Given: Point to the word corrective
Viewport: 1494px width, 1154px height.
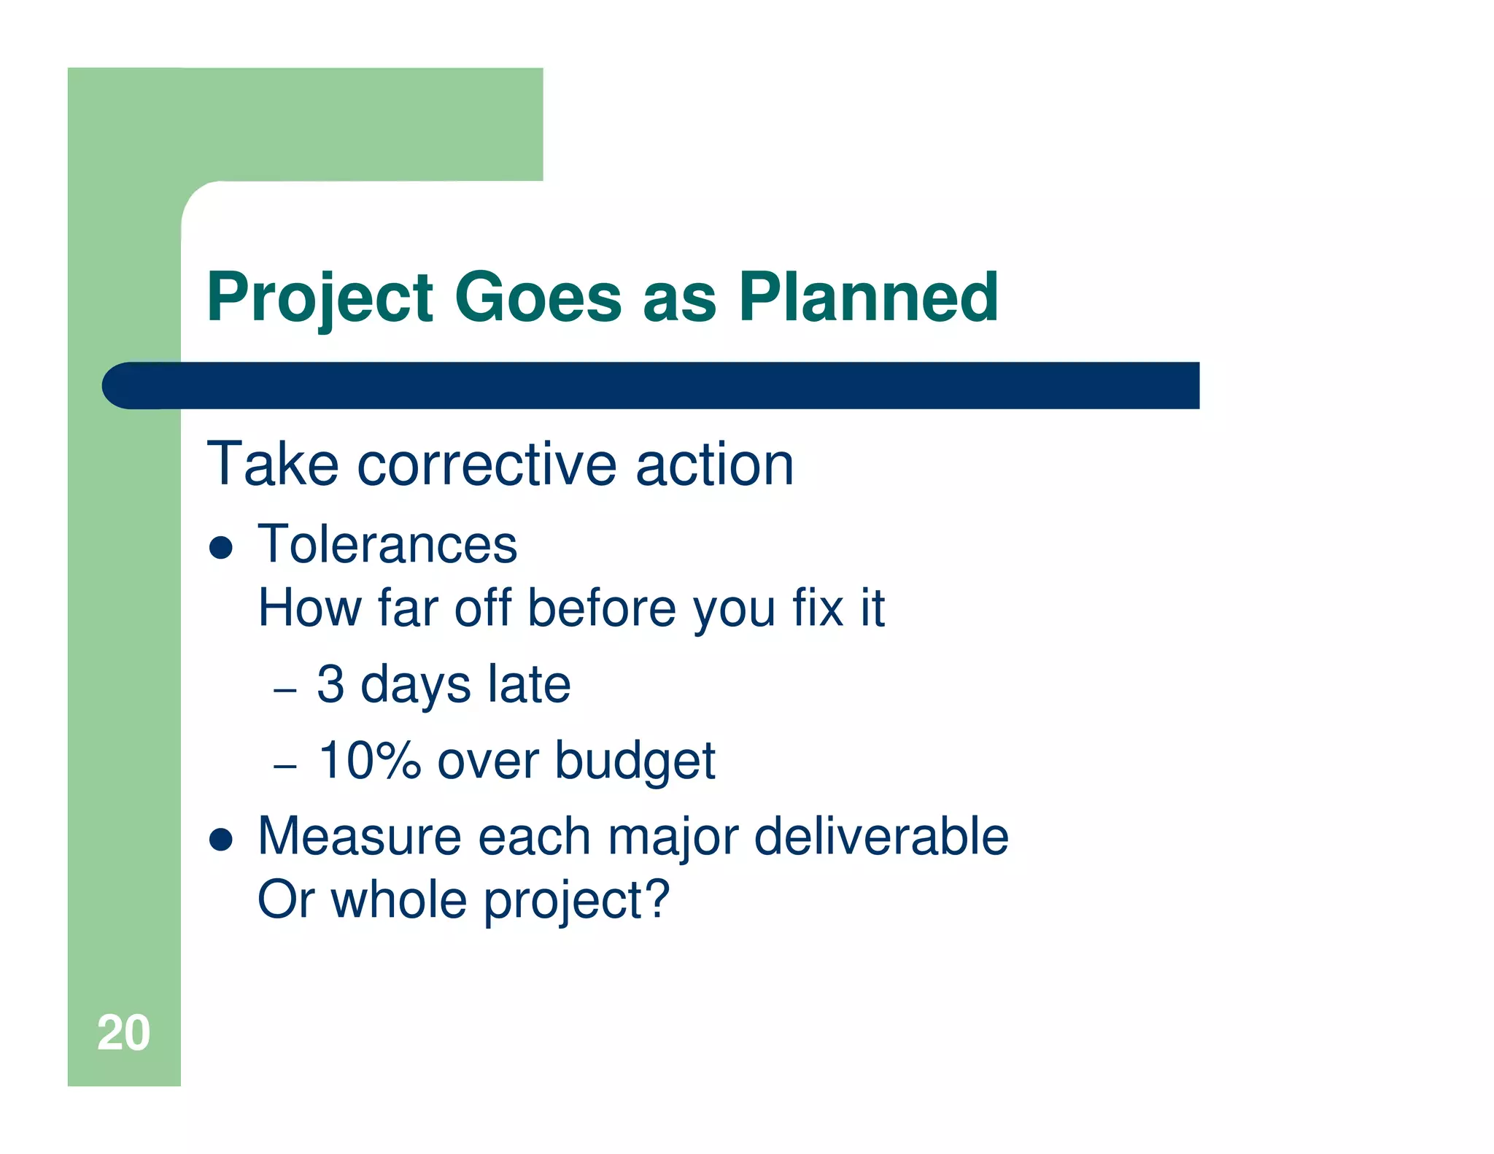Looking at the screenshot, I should (487, 465).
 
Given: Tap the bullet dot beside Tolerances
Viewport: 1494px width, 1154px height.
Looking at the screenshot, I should (220, 548).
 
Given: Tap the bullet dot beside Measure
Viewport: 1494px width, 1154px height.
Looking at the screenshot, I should (220, 840).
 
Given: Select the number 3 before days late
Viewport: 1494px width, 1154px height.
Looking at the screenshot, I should (330, 684).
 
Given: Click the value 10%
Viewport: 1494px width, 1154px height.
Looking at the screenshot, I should (369, 760).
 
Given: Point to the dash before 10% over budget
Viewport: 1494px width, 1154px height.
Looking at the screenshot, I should (285, 767).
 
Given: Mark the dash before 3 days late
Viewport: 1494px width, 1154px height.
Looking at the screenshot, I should (285, 690).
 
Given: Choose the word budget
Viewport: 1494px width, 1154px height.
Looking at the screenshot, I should (635, 761).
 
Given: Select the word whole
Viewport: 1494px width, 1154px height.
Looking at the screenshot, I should (399, 899).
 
